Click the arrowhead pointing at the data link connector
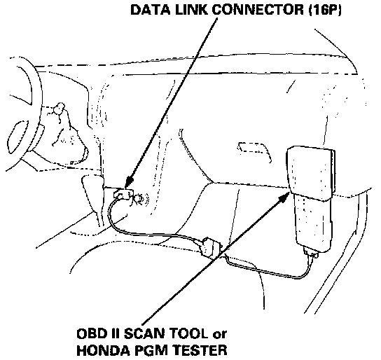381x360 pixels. click(x=129, y=183)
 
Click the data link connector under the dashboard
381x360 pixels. click(x=123, y=193)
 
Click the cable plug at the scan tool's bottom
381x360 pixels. click(x=311, y=252)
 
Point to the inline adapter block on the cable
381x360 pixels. click(x=211, y=248)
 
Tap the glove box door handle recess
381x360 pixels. click(x=254, y=151)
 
